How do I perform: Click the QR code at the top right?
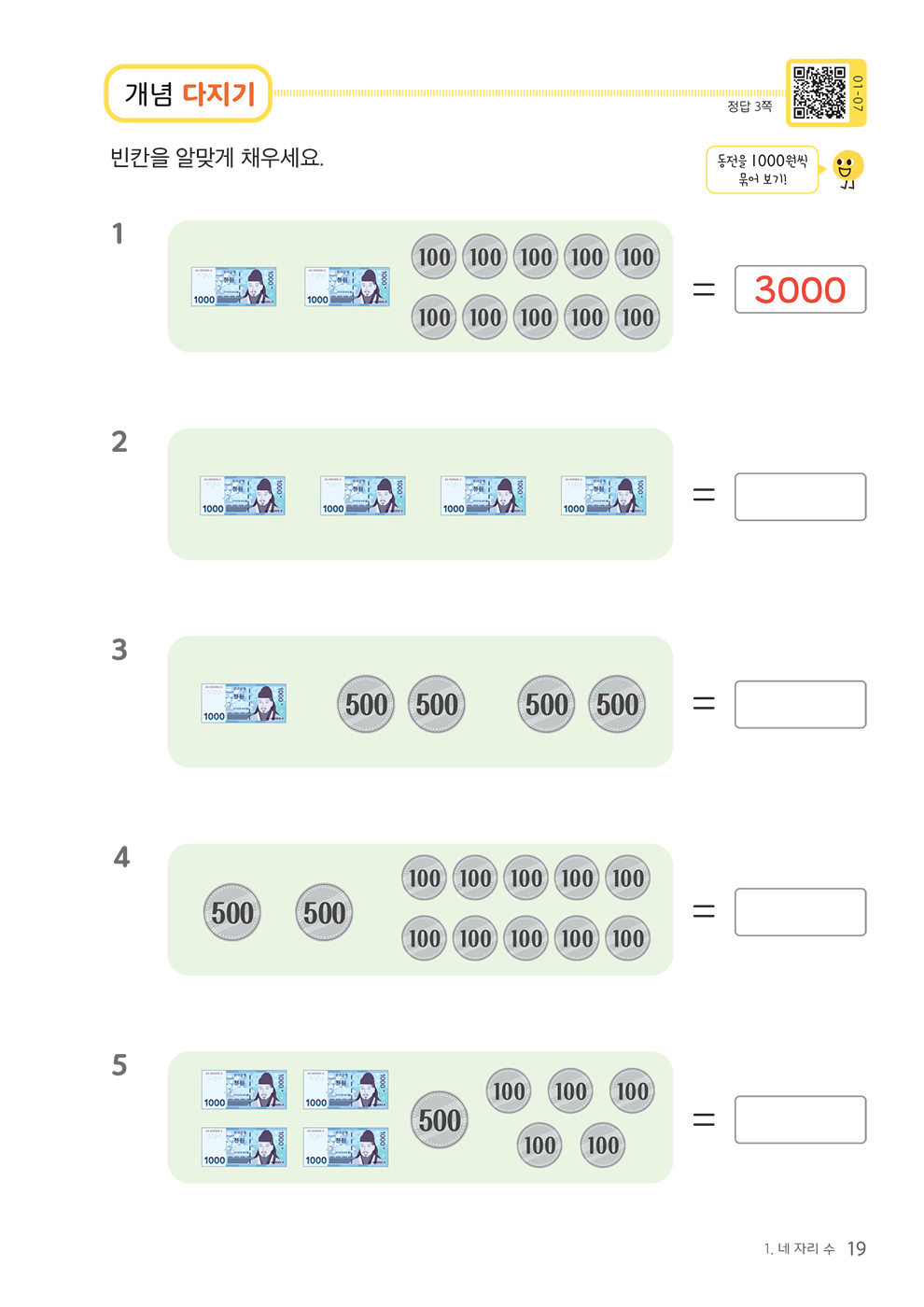click(819, 92)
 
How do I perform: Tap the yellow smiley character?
click(847, 169)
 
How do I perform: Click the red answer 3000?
click(800, 289)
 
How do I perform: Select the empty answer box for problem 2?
click(800, 497)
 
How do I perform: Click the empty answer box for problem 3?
click(800, 704)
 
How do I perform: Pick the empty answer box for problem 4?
click(800, 912)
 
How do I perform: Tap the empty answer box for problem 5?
click(800, 1119)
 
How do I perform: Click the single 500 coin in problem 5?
click(440, 1119)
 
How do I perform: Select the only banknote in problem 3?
click(244, 704)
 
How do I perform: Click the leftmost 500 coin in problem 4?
click(232, 912)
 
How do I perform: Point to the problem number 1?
click(118, 233)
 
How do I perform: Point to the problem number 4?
click(121, 857)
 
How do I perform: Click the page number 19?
click(856, 1249)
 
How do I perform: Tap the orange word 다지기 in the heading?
click(218, 93)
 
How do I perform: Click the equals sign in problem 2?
click(704, 496)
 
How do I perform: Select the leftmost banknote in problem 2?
click(243, 496)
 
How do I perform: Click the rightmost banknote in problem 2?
click(603, 496)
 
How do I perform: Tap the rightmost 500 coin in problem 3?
click(617, 704)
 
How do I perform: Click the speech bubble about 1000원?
click(762, 169)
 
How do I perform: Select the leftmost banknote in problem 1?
click(233, 287)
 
